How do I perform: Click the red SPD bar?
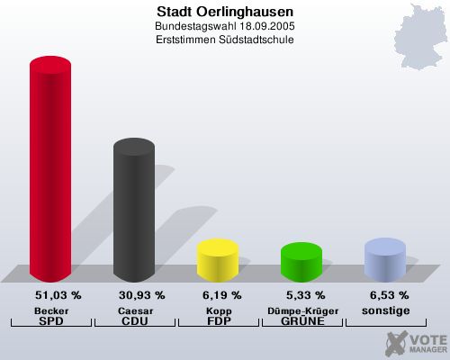50,171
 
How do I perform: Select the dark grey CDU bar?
133,211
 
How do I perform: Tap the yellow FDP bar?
217,259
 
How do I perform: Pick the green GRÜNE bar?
301,262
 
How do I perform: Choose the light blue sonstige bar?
384,259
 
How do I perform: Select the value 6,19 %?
218,295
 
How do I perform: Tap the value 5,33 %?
301,295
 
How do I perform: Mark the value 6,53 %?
386,295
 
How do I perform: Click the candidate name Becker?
51,310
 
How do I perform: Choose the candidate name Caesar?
134,310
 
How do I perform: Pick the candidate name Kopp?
218,310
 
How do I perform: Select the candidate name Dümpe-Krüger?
301,310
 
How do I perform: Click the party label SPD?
51,321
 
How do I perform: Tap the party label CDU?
134,321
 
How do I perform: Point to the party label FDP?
218,321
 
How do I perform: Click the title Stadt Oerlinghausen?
224,12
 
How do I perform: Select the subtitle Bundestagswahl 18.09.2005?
224,27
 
